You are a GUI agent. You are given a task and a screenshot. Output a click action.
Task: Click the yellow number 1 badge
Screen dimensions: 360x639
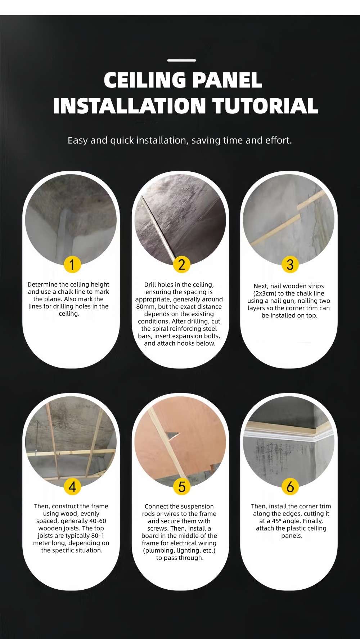(x=72, y=265)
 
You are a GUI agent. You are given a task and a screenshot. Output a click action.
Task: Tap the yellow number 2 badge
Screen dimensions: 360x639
(x=181, y=265)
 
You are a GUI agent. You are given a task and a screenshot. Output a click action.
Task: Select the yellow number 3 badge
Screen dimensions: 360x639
(x=290, y=265)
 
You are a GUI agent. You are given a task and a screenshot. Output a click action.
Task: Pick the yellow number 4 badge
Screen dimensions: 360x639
(x=72, y=487)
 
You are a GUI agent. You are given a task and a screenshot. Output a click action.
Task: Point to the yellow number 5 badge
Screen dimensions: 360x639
(x=181, y=487)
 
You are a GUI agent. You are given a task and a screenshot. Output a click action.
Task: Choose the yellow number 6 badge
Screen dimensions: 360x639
(x=290, y=487)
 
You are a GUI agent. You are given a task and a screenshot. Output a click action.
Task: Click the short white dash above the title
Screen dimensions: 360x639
(x=182, y=60)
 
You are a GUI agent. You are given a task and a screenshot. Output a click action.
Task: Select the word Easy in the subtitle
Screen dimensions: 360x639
(x=77, y=140)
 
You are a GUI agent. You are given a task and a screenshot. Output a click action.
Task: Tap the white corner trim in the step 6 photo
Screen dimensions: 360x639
(x=288, y=437)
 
